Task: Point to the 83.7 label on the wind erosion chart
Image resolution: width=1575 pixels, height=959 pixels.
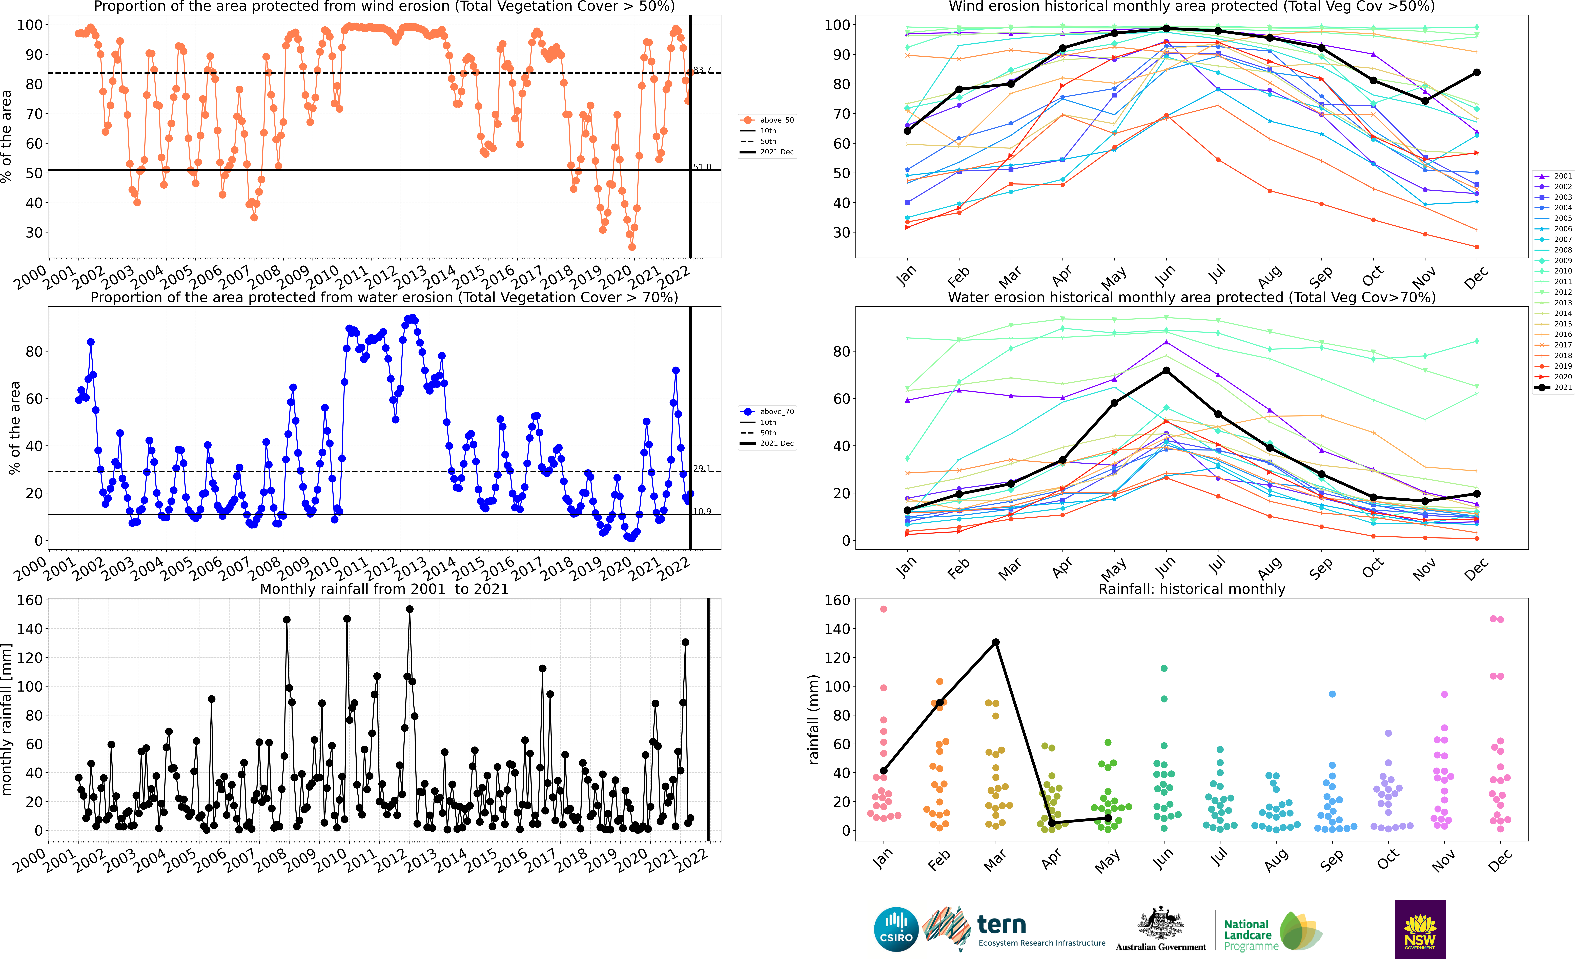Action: [702, 70]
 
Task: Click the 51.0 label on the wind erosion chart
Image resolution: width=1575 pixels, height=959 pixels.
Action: [702, 167]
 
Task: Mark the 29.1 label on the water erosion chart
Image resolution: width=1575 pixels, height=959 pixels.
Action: [702, 469]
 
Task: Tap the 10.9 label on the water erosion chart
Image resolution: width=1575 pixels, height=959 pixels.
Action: [702, 512]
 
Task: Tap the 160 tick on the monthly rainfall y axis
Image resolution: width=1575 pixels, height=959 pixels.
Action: [29, 600]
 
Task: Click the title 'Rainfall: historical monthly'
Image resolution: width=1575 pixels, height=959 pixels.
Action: [1192, 589]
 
